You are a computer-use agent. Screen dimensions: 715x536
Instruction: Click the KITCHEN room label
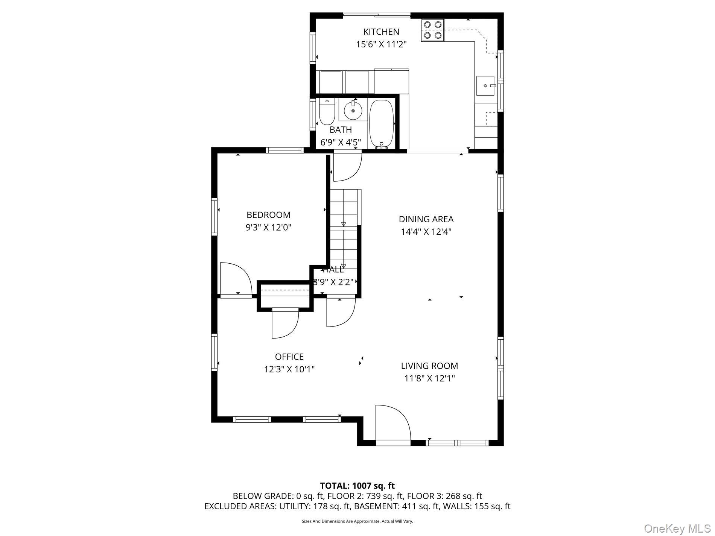381,32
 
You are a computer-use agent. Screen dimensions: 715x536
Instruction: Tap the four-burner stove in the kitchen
433,30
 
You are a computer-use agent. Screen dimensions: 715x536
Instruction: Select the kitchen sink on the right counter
485,86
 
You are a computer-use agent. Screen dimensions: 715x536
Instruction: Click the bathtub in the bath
382,124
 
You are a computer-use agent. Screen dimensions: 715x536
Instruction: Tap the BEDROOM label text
268,215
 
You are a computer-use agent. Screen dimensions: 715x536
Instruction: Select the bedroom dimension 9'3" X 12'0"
268,228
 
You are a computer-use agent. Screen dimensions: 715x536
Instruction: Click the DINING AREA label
426,219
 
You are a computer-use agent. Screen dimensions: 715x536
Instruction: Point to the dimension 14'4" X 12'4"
426,232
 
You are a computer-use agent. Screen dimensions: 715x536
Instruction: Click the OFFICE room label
289,357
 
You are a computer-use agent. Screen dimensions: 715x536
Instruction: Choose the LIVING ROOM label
429,366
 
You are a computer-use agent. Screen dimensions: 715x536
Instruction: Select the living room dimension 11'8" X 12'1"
429,378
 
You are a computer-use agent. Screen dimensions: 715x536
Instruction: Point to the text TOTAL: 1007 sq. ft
357,486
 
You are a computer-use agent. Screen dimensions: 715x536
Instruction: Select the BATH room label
341,130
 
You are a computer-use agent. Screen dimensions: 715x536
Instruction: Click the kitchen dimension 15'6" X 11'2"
381,44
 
